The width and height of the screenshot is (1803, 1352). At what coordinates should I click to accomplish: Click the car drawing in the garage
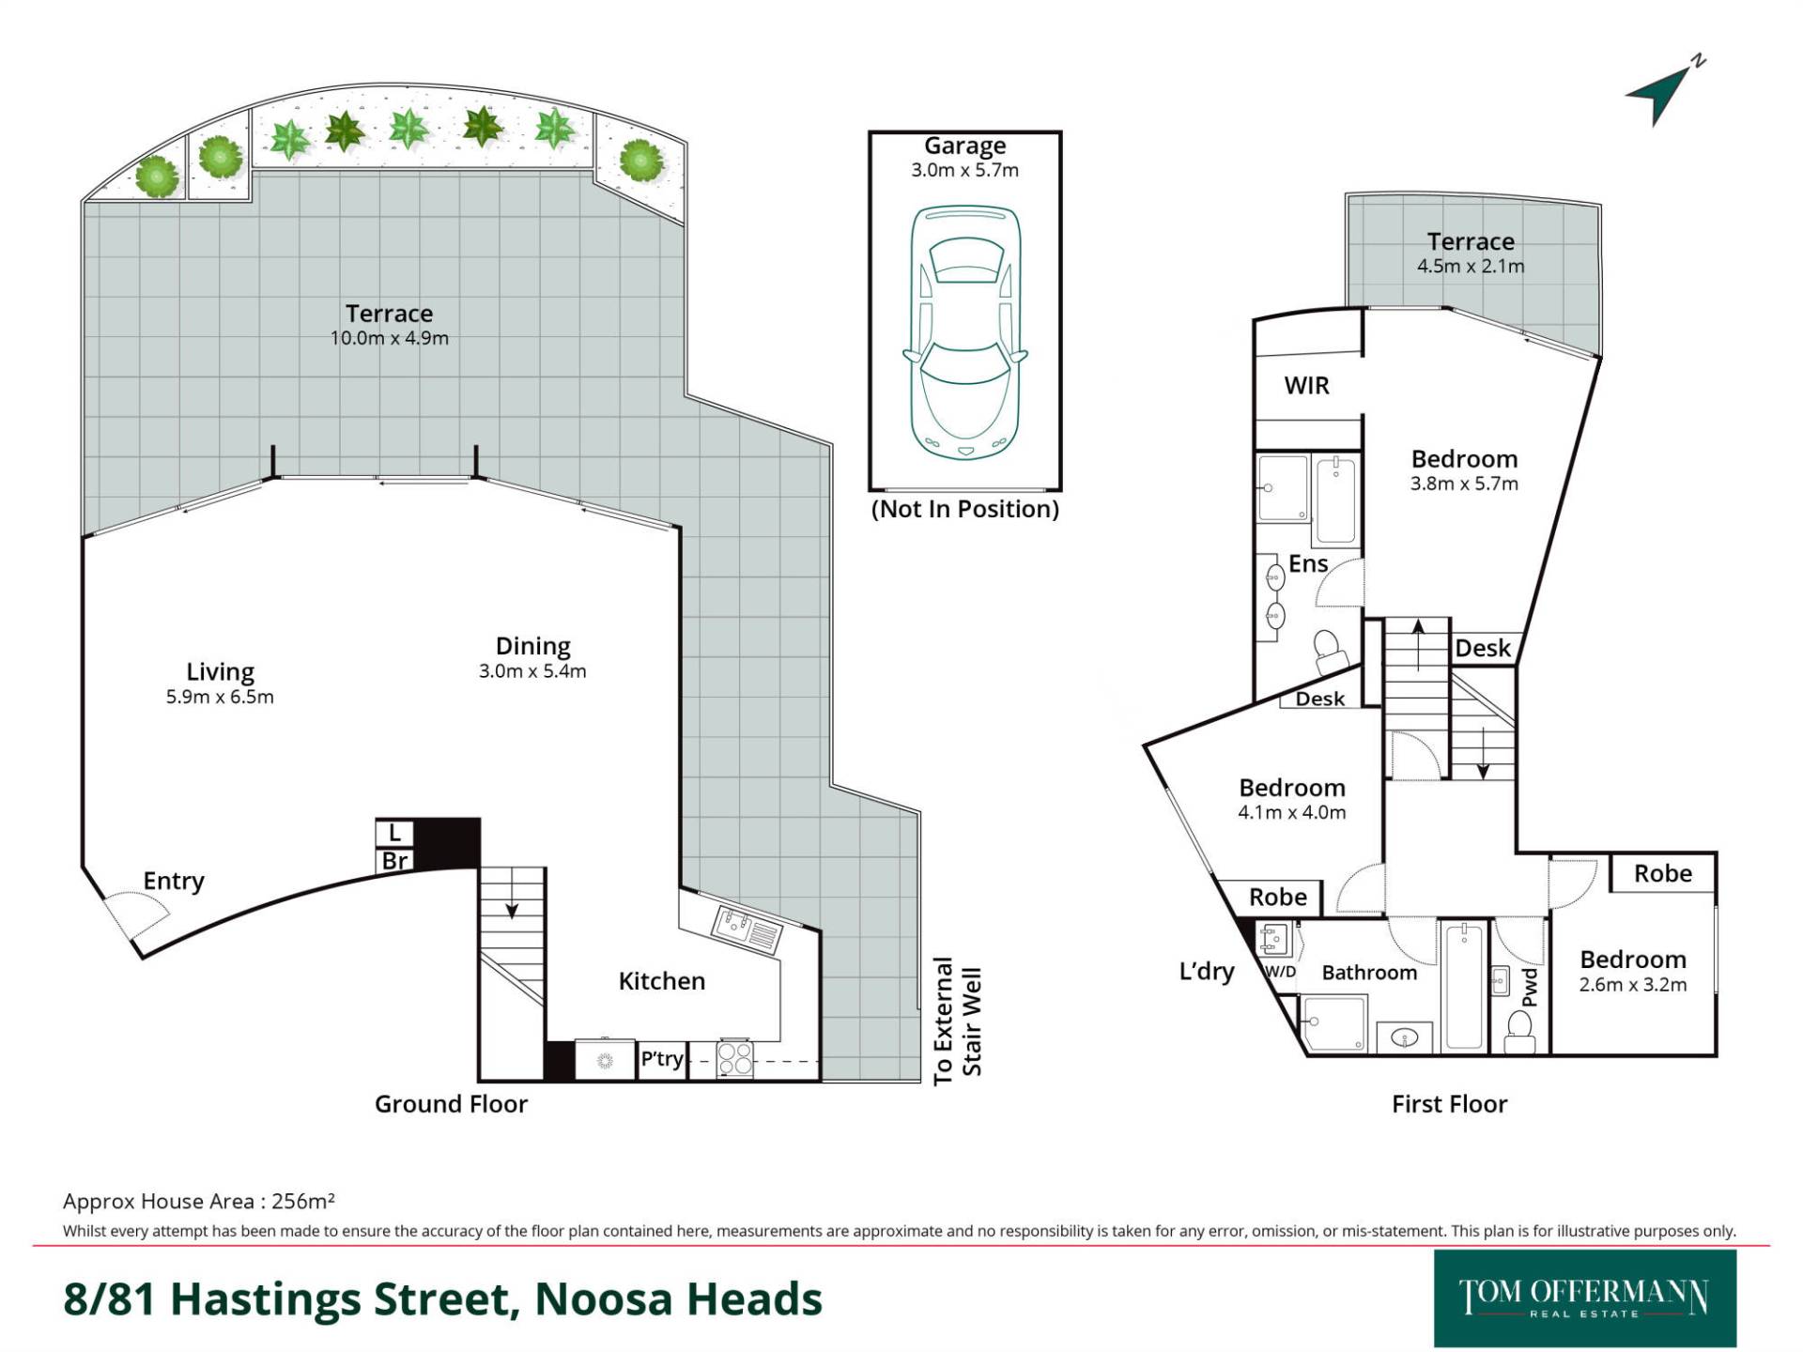click(964, 332)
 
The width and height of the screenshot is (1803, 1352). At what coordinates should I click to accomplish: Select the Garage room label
click(964, 146)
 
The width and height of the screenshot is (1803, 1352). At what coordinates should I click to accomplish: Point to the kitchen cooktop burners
click(733, 1059)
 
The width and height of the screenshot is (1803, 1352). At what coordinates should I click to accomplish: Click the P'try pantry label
click(661, 1059)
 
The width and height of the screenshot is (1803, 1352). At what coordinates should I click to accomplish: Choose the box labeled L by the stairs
click(394, 832)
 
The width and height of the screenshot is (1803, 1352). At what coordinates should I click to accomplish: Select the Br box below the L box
click(394, 860)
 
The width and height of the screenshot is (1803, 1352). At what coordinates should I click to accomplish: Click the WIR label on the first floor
click(1306, 386)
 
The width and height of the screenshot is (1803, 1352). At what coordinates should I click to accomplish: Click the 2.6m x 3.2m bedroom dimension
click(1633, 985)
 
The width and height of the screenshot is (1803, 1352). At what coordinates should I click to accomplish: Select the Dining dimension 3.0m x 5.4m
click(532, 671)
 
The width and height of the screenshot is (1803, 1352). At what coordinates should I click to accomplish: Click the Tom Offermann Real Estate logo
click(1584, 1298)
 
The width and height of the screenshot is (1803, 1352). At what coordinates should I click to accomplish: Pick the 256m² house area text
click(303, 1201)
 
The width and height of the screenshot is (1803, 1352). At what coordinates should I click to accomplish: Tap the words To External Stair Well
click(957, 1022)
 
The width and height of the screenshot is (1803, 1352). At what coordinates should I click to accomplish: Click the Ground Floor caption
click(451, 1104)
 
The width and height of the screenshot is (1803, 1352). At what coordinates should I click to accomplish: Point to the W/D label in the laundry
click(1280, 971)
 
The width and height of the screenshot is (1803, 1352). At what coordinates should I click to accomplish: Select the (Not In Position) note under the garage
click(964, 509)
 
